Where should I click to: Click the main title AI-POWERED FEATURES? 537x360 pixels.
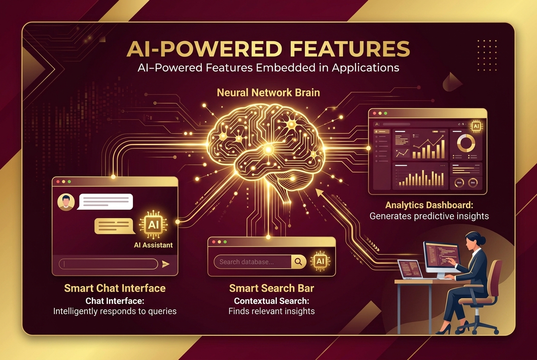pyautogui.click(x=268, y=49)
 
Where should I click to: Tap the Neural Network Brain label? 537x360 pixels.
pyautogui.click(x=268, y=93)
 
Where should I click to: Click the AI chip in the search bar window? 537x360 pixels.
pyautogui.click(x=320, y=260)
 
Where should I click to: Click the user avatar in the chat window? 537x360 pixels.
pyautogui.click(x=66, y=202)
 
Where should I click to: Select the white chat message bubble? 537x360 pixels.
pyautogui.click(x=106, y=202)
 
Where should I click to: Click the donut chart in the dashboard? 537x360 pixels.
pyautogui.click(x=466, y=144)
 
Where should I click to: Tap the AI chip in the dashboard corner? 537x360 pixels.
pyautogui.click(x=476, y=127)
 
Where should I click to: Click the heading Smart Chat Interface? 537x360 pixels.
pyautogui.click(x=115, y=289)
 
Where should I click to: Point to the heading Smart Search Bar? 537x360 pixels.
pyautogui.click(x=271, y=289)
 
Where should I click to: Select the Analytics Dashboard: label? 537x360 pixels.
pyautogui.click(x=429, y=205)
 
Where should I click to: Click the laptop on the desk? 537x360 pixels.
pyautogui.click(x=410, y=269)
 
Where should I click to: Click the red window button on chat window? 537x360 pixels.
pyautogui.click(x=58, y=181)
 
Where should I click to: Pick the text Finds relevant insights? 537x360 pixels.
pyautogui.click(x=271, y=311)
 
